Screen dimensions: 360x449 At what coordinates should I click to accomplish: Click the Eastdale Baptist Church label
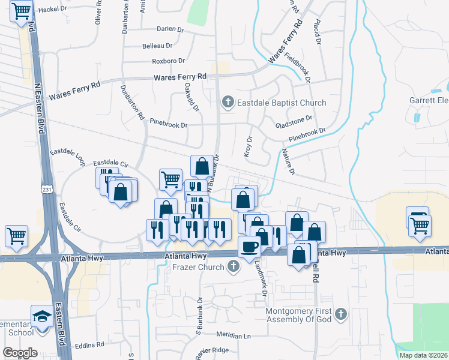[x=281, y=103]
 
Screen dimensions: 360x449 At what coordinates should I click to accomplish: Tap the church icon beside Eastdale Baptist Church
[x=228, y=103]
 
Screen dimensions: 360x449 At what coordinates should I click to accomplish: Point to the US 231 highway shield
[x=45, y=188]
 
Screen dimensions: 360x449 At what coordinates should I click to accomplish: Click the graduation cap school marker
[x=42, y=315]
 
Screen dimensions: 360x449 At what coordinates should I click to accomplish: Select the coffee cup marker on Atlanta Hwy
[x=249, y=246]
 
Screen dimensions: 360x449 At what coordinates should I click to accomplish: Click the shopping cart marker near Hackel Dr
[x=22, y=10]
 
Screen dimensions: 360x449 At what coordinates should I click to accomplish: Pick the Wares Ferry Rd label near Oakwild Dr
[x=180, y=77]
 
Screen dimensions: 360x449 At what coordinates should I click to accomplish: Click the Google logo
[x=20, y=352]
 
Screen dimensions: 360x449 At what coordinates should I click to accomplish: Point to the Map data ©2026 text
[x=423, y=355]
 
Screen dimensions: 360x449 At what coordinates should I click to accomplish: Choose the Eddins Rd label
[x=89, y=345]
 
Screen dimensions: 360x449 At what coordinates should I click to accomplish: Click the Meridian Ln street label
[x=233, y=336]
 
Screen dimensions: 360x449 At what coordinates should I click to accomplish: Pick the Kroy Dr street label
[x=249, y=148]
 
